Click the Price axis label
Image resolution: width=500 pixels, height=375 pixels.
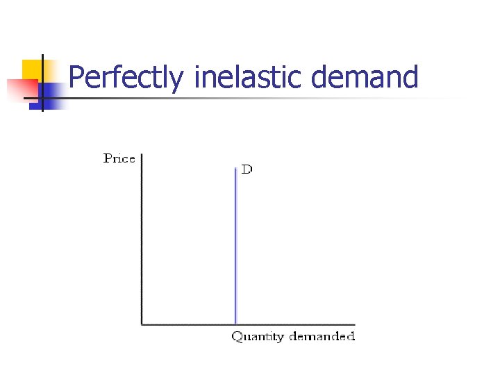(x=119, y=158)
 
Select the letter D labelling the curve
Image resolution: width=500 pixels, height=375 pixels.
(x=247, y=170)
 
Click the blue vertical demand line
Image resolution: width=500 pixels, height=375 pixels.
(x=236, y=243)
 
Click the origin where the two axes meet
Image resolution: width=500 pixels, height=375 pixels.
(x=141, y=324)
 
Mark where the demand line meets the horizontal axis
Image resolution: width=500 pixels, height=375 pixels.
(x=236, y=324)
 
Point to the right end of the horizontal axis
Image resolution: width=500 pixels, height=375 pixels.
(x=354, y=324)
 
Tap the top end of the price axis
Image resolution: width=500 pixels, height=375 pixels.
(x=141, y=154)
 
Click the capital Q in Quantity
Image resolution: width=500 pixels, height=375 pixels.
(x=236, y=337)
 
